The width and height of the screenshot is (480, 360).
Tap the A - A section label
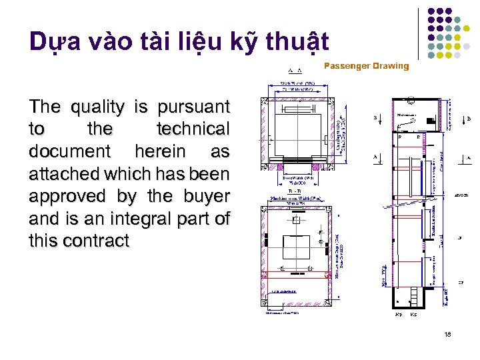coord(294,70)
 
